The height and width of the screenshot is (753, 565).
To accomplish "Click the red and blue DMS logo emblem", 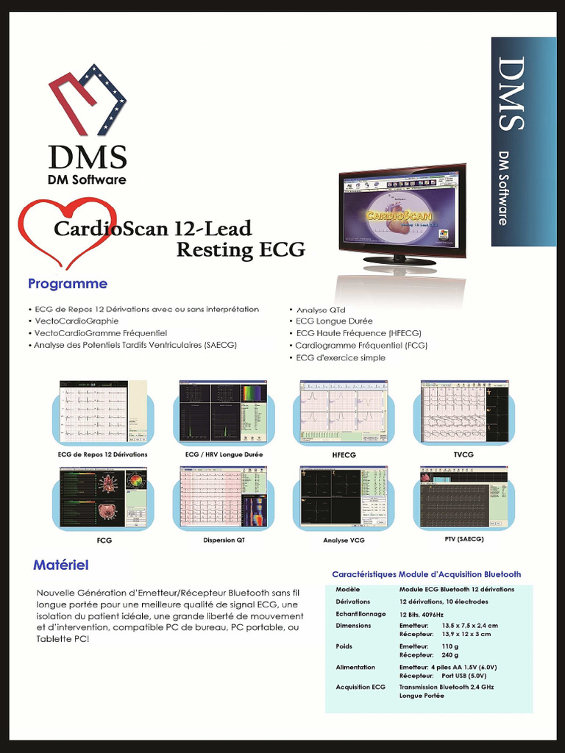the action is coord(88,100).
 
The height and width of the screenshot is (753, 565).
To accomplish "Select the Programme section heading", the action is coord(68,284).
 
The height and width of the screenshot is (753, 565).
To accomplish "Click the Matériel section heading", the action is coord(61,565).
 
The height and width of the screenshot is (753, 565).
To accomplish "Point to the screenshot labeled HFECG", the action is coord(343,412).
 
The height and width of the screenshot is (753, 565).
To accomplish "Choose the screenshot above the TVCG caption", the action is coord(464,412).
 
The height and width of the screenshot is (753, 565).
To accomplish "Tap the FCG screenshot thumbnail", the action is coord(103,498).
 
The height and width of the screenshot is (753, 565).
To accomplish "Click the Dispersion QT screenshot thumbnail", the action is coord(223,498).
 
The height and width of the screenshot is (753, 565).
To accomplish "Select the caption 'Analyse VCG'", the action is coord(344,540).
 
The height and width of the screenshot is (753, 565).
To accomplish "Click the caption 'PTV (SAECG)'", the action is coord(463,539).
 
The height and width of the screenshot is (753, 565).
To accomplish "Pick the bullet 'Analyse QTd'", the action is coord(320,310).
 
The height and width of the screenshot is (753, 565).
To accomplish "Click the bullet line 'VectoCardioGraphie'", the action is coord(76,321).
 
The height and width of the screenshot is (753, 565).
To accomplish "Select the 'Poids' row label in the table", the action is coord(344,646).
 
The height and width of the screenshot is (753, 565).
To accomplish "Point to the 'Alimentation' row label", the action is coord(355,667).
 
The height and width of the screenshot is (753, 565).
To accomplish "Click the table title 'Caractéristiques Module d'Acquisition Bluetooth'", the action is coord(427,574).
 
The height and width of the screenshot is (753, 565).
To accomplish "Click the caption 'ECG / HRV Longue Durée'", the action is coord(224,454).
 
